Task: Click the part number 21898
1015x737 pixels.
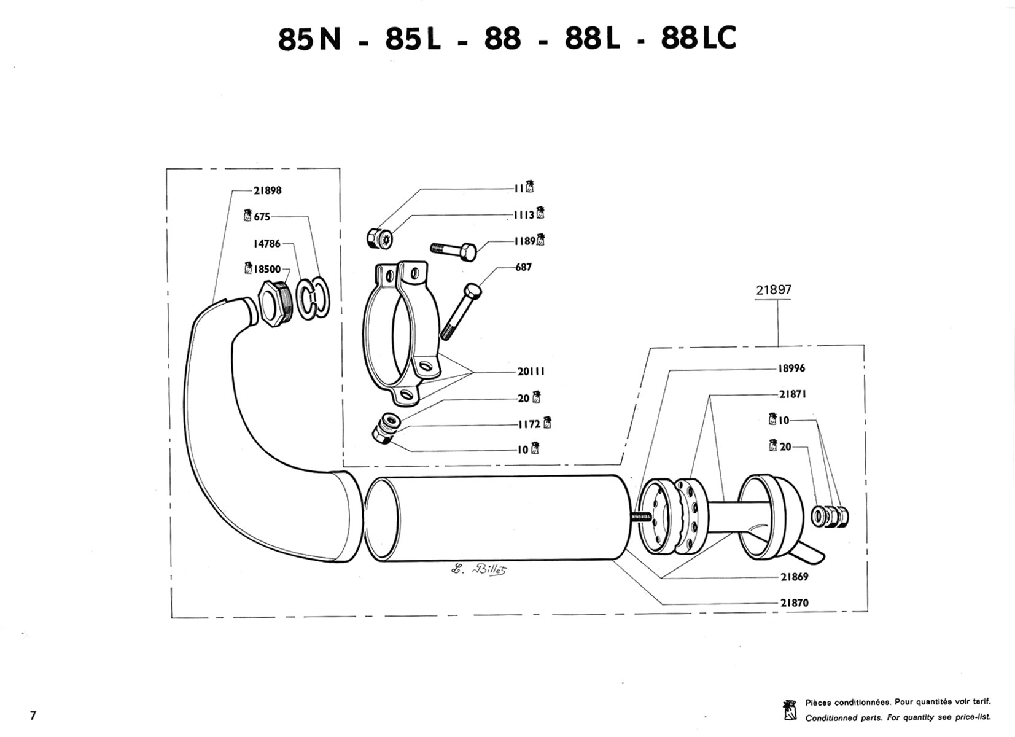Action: (x=267, y=190)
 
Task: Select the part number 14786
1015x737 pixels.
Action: (x=267, y=244)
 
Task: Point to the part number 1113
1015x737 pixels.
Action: (x=524, y=216)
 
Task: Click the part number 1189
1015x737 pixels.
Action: (x=525, y=241)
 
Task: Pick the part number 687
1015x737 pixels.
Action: (x=523, y=267)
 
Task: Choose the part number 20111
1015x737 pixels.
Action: (x=531, y=372)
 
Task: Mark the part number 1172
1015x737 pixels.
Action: (x=528, y=424)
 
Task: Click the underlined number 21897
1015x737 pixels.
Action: (x=774, y=290)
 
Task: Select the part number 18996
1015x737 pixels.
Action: (x=792, y=368)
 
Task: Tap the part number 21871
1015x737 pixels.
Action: (x=792, y=394)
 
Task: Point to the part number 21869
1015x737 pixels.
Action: (x=795, y=577)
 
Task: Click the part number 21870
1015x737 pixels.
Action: (x=795, y=603)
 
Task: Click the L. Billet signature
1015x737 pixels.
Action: (x=480, y=569)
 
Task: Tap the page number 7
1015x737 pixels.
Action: (x=33, y=716)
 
